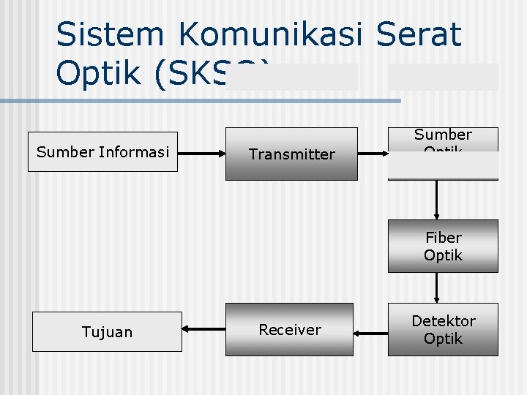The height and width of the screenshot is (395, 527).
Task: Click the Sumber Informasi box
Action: click(x=102, y=151)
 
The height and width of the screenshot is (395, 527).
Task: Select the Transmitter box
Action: click(x=291, y=154)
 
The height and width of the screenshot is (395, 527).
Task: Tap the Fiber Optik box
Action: click(x=443, y=246)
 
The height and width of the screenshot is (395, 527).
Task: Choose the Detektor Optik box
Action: click(x=443, y=329)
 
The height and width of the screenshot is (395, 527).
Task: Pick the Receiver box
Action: click(x=289, y=329)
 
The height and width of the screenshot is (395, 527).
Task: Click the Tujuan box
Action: click(x=107, y=331)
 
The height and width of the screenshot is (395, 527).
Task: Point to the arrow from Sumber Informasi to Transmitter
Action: click(x=201, y=154)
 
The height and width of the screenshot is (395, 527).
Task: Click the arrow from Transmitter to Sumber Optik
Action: click(x=373, y=154)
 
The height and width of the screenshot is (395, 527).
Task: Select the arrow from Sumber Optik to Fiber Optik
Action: click(x=437, y=199)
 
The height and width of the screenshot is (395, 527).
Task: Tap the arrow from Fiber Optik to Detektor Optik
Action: click(x=437, y=287)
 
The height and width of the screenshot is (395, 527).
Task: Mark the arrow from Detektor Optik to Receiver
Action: click(x=370, y=334)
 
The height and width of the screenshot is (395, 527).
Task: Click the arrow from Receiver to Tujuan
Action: click(x=203, y=330)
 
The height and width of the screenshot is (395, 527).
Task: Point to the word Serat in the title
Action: click(x=419, y=34)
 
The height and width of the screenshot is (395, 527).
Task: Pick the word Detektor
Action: click(x=443, y=320)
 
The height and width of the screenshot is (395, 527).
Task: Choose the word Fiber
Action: click(x=443, y=237)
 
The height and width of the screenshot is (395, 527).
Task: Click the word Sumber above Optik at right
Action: click(x=443, y=135)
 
